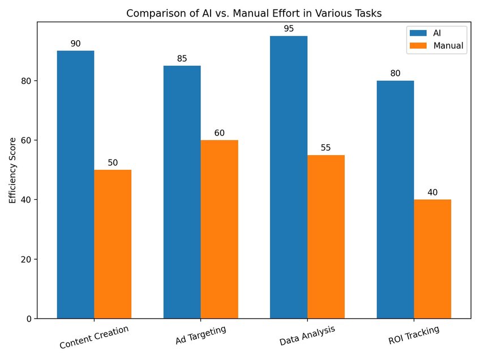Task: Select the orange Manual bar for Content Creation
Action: [x=113, y=244]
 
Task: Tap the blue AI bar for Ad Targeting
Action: [x=182, y=192]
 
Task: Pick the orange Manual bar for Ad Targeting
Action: [x=220, y=229]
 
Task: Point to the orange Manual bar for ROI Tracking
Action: [x=432, y=259]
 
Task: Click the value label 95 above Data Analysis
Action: [x=289, y=28]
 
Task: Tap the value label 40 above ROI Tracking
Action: [x=432, y=192]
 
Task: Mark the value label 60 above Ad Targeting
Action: [x=220, y=133]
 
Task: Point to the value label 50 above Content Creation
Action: [x=113, y=162]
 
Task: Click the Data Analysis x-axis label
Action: [x=307, y=335]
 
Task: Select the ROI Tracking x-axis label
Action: [x=414, y=335]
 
